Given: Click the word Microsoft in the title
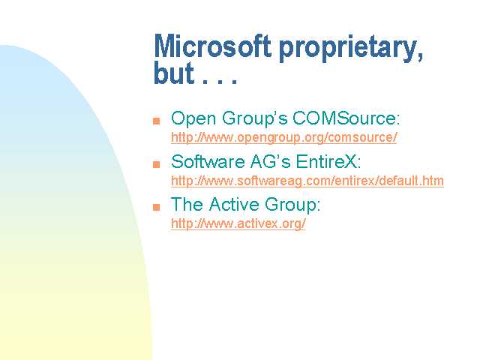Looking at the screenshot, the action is pyautogui.click(x=212, y=46).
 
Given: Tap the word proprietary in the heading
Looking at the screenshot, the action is pyautogui.click(x=348, y=48).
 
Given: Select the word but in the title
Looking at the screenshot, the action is pyautogui.click(x=173, y=73).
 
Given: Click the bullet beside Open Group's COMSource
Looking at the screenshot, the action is pyautogui.click(x=157, y=120).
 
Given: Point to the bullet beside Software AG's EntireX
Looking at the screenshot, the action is pyautogui.click(x=157, y=163).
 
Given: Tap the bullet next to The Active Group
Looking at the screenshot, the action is pyautogui.click(x=157, y=207).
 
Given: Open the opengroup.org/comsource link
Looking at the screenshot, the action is pyautogui.click(x=283, y=137).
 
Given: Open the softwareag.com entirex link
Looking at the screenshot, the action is pyautogui.click(x=307, y=181).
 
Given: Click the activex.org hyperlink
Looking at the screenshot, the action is pyautogui.click(x=238, y=223).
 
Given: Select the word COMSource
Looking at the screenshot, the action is pyautogui.click(x=346, y=118).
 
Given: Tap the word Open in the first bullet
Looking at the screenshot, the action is pyautogui.click(x=193, y=118).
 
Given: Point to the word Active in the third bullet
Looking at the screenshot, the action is pyautogui.click(x=234, y=204).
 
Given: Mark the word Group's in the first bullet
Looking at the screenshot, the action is pyautogui.click(x=255, y=118).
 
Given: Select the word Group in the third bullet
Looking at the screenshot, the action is pyautogui.click(x=292, y=205).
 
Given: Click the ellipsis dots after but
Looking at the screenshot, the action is pyautogui.click(x=220, y=82).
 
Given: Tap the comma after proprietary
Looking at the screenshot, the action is pyautogui.click(x=420, y=56).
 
